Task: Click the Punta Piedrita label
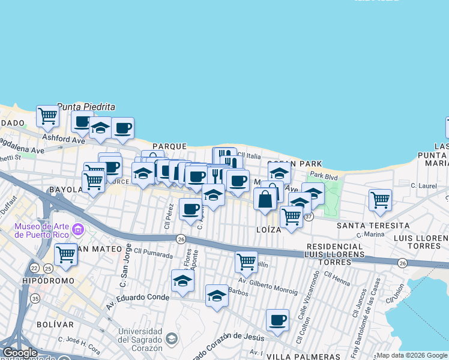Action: coord(86,107)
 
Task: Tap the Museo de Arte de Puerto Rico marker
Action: coord(77,230)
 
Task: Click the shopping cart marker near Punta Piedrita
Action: coord(47,115)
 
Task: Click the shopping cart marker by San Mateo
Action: coord(65,254)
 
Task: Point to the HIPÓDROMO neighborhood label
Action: coord(50,281)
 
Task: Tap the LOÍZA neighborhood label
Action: coord(268,229)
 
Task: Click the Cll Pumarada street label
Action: coord(153,251)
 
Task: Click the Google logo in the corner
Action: coord(20,353)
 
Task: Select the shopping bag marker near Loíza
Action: coord(265,199)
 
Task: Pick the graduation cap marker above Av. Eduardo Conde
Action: coord(183,280)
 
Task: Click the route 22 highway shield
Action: coord(35,267)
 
